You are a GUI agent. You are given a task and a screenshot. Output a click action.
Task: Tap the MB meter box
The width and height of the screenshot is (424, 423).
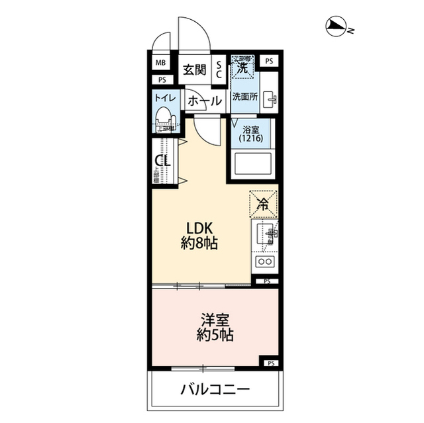(x=160, y=64)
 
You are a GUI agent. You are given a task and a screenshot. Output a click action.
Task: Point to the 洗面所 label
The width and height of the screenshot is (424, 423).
(x=244, y=96)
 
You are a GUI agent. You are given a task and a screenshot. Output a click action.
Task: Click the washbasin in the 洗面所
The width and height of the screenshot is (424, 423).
(x=270, y=100)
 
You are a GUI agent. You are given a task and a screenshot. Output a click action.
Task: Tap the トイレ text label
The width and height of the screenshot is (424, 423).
(x=164, y=98)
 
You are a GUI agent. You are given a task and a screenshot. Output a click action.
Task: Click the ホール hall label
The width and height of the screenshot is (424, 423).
(x=203, y=101)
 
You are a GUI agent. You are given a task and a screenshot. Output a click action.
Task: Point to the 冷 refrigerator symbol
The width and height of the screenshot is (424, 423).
(x=263, y=204)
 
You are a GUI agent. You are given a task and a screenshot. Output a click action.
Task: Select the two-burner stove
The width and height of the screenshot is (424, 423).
(x=266, y=263)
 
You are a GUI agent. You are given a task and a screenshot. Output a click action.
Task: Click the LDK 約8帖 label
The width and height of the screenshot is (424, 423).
(x=200, y=235)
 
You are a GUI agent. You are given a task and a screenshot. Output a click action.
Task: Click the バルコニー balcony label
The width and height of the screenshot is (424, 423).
(x=215, y=389)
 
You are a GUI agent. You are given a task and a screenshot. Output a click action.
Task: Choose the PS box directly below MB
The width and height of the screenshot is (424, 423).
(x=160, y=80)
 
